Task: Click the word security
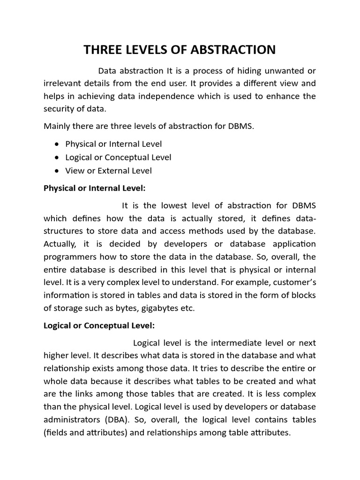[x=59, y=109]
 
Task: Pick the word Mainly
[x=57, y=127]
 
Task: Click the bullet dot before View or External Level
[x=57, y=171]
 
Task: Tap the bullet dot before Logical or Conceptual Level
[x=57, y=158]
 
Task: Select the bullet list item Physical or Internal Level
[x=113, y=144]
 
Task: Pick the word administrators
[x=70, y=420]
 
